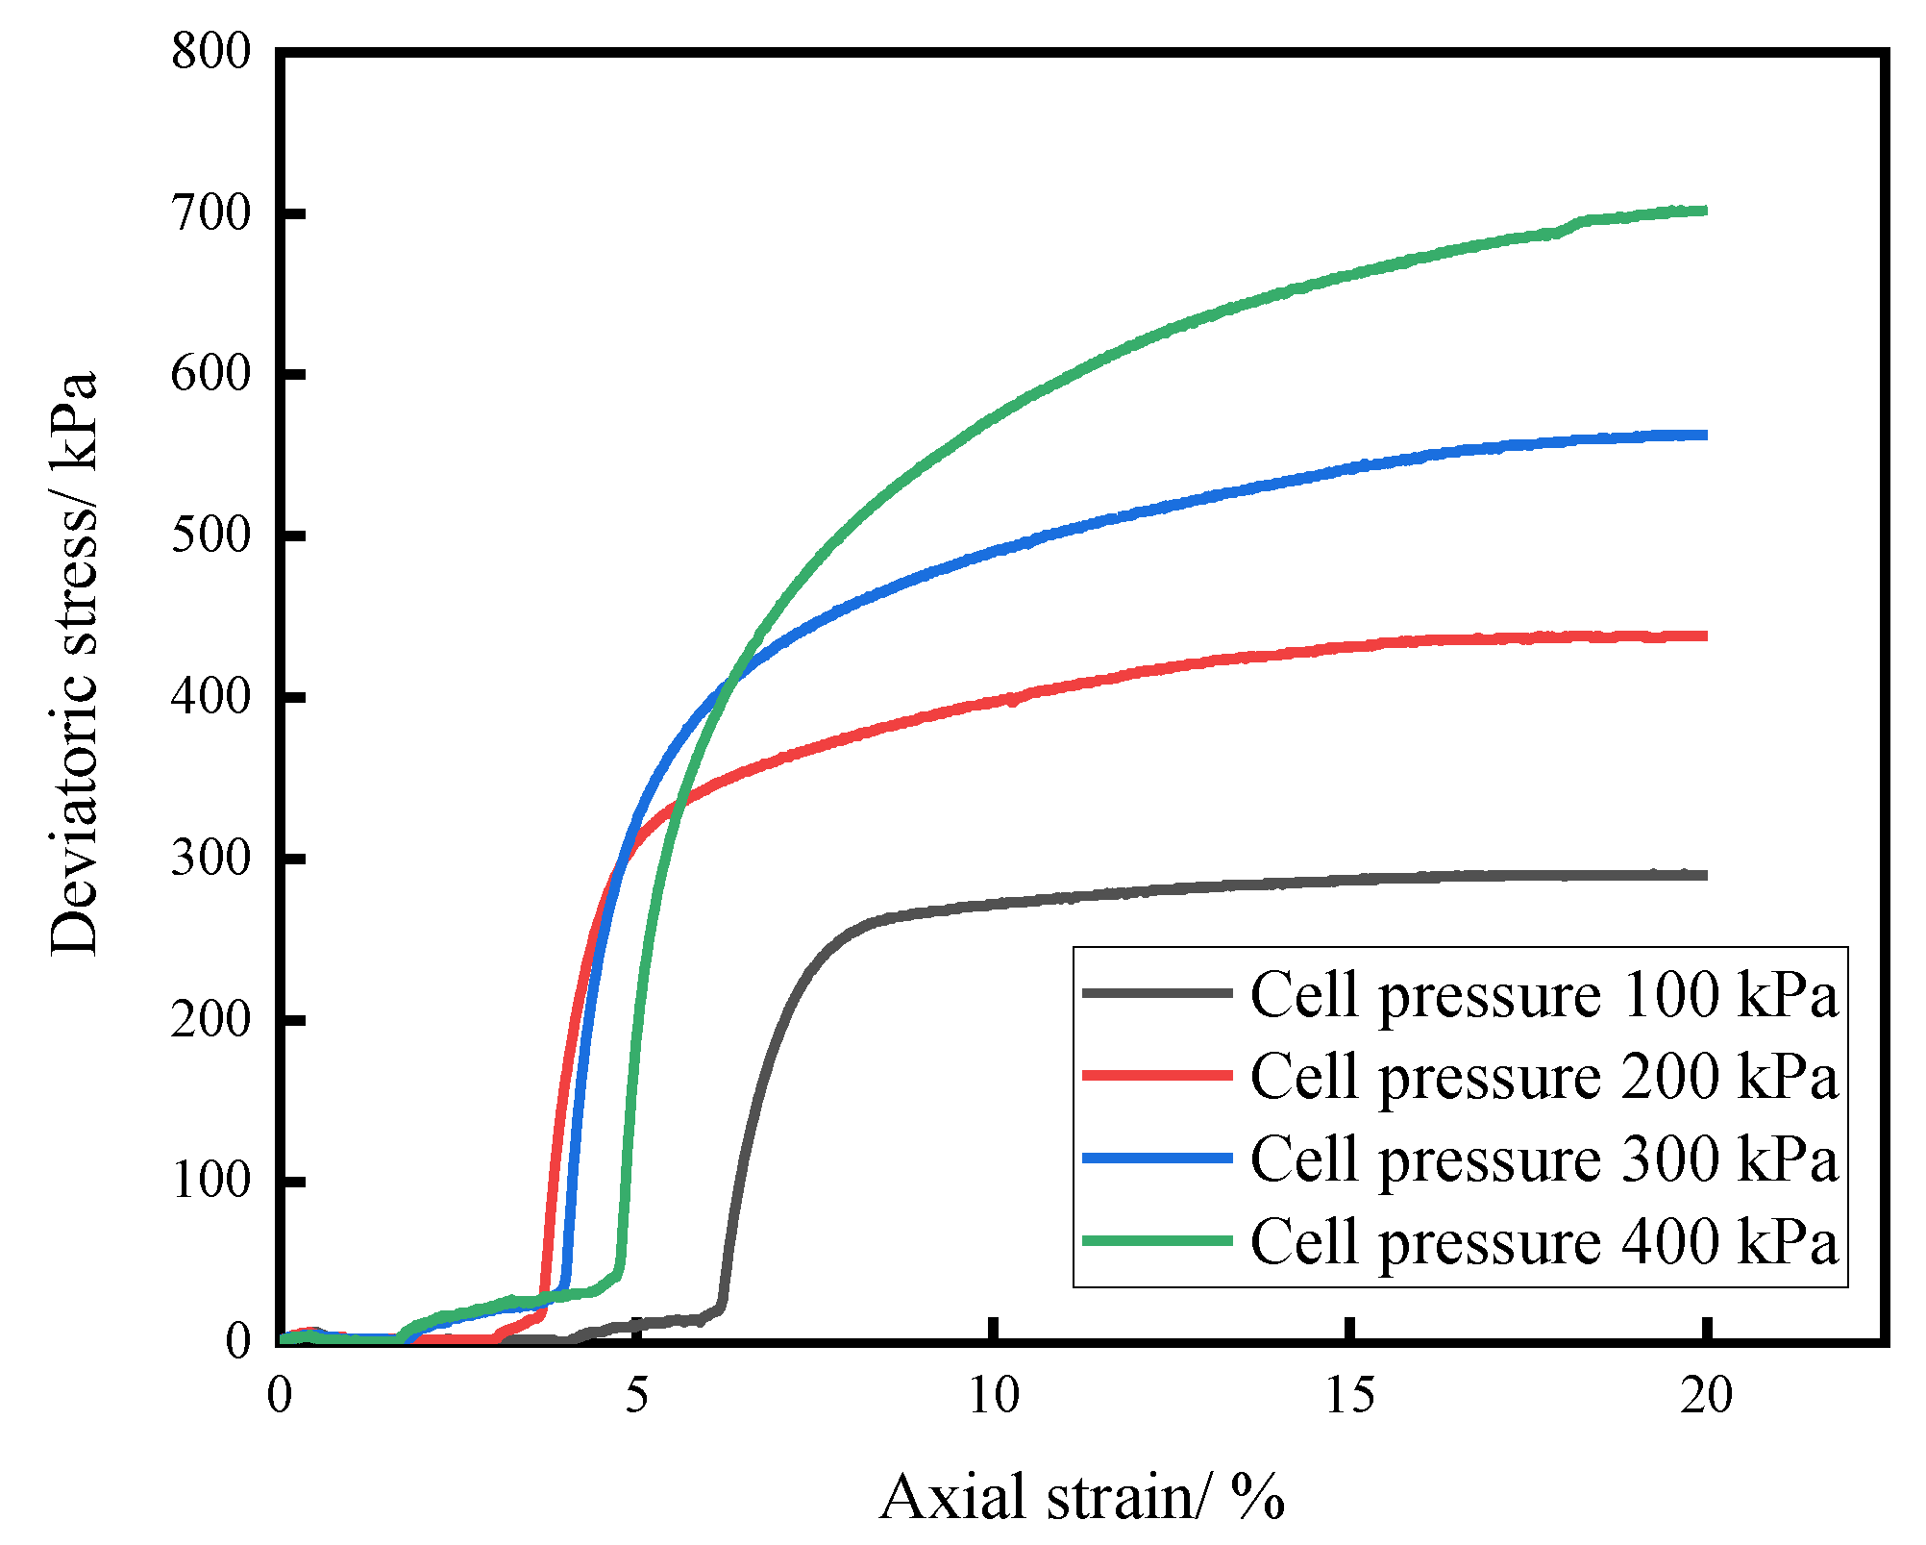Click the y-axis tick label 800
210,51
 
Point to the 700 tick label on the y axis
210,212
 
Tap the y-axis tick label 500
210,536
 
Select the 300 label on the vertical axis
210,859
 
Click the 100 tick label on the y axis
210,1181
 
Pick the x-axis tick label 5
637,1395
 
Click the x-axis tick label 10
993,1395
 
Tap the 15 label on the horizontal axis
1350,1395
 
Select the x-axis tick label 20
1706,1395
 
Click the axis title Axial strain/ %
1081,1498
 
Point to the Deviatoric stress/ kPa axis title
74,663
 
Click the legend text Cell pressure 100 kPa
1543,994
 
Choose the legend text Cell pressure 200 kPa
1543,1076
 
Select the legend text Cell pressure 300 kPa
1543,1159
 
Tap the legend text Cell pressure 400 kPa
1543,1241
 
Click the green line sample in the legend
1157,1241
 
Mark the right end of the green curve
1705,211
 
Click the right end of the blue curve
1705,436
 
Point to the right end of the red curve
1705,635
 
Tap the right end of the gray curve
1705,875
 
